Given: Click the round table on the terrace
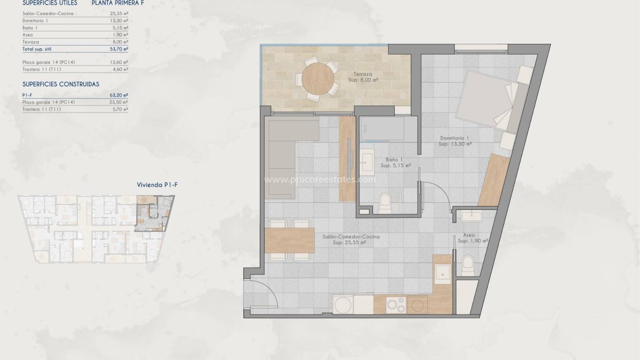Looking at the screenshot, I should point(319,78).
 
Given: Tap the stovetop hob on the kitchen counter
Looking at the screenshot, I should point(396,305).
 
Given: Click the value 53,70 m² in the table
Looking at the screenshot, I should point(122,49).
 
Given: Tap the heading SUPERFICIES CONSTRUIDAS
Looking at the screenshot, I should point(61,84).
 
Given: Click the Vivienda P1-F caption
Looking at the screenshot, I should point(157,185).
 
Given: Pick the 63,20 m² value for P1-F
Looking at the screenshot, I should point(122,95).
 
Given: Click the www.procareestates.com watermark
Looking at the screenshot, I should point(320,179).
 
